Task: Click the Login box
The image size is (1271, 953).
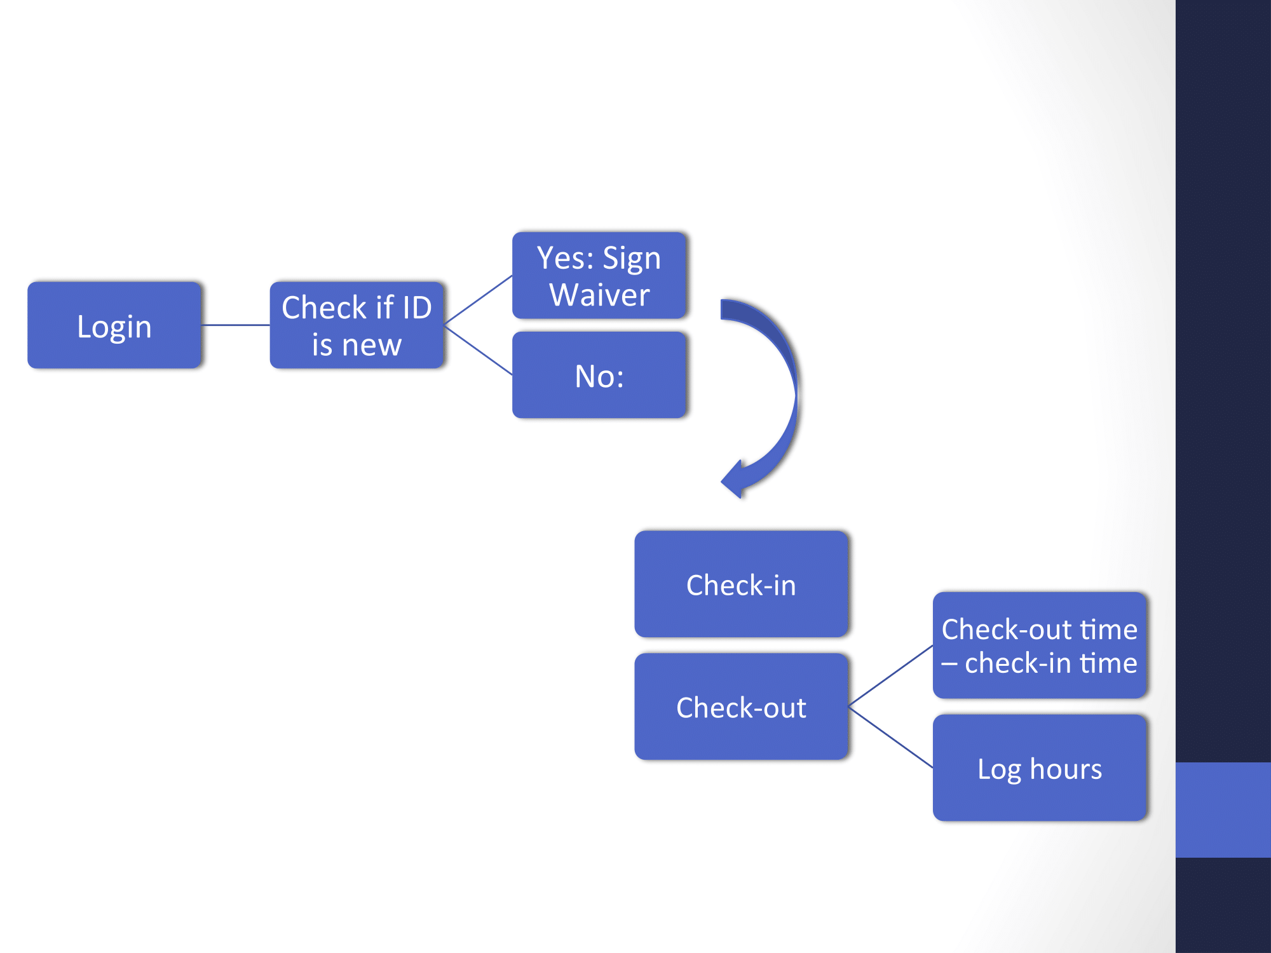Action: (x=114, y=325)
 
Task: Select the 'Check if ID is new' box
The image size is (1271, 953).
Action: (x=357, y=325)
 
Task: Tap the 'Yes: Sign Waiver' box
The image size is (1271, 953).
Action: (x=599, y=275)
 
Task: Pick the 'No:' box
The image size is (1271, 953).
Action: (x=599, y=375)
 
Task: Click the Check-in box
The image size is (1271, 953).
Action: (x=741, y=584)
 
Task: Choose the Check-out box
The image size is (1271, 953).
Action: (x=741, y=706)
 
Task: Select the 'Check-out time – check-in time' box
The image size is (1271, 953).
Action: (x=1040, y=645)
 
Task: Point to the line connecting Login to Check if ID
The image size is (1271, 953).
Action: (x=235, y=325)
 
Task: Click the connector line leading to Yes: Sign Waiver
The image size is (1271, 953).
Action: (x=478, y=300)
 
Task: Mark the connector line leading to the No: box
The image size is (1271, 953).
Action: (x=478, y=350)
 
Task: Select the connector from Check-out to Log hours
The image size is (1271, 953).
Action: (x=891, y=737)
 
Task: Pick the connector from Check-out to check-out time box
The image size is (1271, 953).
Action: (x=891, y=676)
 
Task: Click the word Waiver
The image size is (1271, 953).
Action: (x=599, y=295)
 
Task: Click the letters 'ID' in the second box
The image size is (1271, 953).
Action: (x=417, y=308)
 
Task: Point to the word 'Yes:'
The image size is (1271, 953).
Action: (x=566, y=258)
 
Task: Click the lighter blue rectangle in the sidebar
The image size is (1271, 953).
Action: (x=1223, y=809)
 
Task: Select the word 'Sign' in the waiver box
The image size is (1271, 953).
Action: (x=632, y=259)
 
